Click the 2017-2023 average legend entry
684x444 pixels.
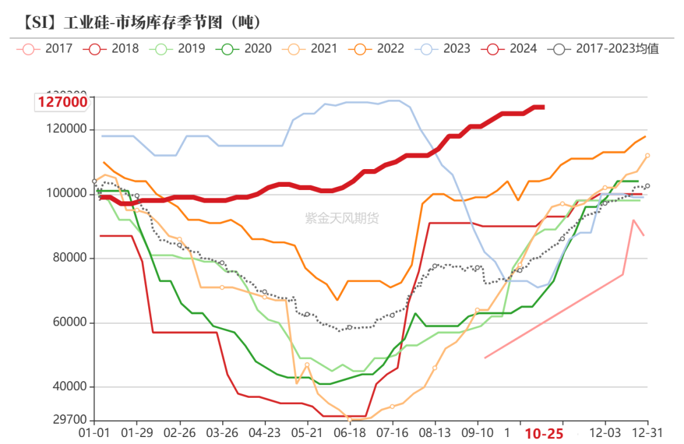coord(605,48)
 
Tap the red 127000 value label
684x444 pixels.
coord(61,102)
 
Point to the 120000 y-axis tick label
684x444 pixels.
coord(69,129)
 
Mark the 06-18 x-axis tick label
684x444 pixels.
coord(350,434)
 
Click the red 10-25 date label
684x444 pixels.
coord(544,434)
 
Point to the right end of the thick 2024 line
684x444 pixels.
coord(543,107)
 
